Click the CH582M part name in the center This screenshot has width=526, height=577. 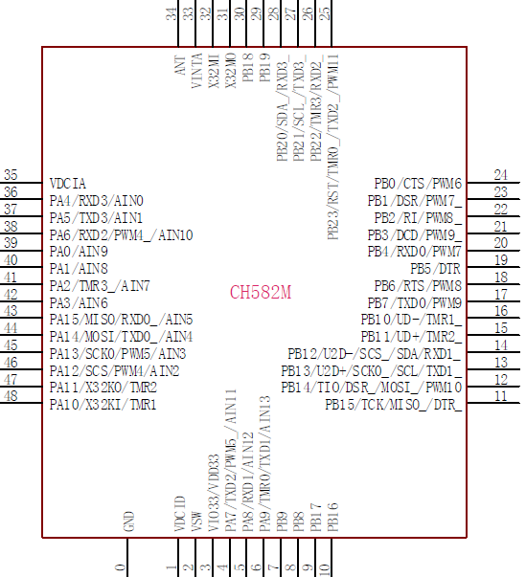pyautogui.click(x=261, y=293)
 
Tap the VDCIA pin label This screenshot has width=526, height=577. pyautogui.click(x=68, y=184)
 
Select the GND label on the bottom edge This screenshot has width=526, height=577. pyautogui.click(x=129, y=522)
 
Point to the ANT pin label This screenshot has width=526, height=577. pyautogui.click(x=180, y=65)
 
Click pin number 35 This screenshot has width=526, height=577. pyautogui.click(x=11, y=175)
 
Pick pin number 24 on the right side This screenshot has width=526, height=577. pyautogui.click(x=500, y=175)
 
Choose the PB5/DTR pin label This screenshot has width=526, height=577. pyautogui.click(x=435, y=269)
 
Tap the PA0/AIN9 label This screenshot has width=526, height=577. pyautogui.click(x=79, y=252)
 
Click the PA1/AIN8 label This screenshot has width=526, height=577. pyautogui.click(x=79, y=269)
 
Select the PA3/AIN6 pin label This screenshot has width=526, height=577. pyautogui.click(x=79, y=303)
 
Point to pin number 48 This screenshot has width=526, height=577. pyautogui.click(x=11, y=396)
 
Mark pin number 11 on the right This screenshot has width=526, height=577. pyautogui.click(x=500, y=396)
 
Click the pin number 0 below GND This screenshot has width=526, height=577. pyautogui.click(x=121, y=567)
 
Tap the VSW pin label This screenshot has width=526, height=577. pyautogui.click(x=197, y=522)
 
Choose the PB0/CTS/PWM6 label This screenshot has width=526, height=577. pyautogui.click(x=418, y=184)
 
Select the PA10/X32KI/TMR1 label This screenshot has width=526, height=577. pyautogui.click(x=103, y=405)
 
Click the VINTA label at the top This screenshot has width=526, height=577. pyautogui.click(x=197, y=71)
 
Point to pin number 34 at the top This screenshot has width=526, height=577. pyautogui.click(x=172, y=14)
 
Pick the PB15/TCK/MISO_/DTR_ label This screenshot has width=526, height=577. pyautogui.click(x=393, y=405)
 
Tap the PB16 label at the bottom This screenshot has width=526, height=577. pyautogui.click(x=333, y=518)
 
